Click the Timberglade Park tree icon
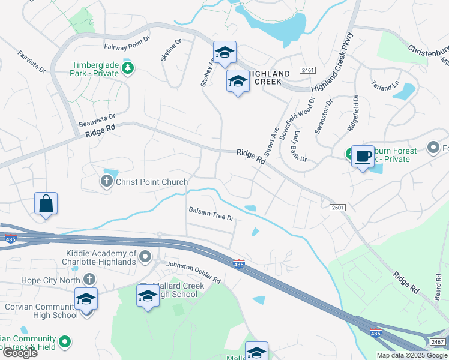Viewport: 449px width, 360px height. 127,68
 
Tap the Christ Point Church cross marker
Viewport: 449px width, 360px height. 107,181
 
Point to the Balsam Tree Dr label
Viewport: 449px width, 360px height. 210,213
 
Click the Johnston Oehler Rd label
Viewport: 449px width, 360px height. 193,272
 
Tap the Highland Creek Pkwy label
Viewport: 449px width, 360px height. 336,61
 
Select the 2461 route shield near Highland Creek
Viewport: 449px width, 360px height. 306,70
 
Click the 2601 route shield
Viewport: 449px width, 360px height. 338,208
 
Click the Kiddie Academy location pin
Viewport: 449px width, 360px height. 145,258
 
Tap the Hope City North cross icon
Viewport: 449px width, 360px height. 89,279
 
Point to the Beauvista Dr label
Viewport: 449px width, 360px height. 96,121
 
